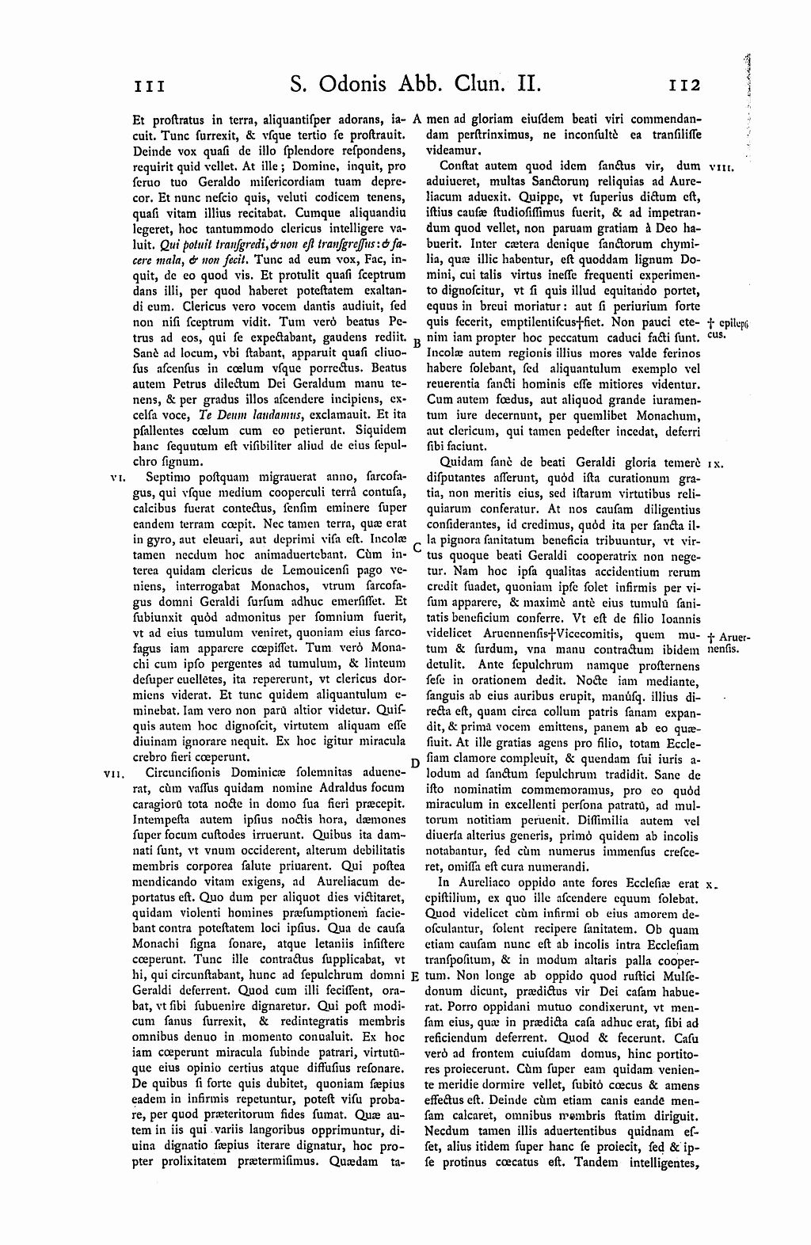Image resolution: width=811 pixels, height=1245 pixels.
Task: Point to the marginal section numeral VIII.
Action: click(x=723, y=168)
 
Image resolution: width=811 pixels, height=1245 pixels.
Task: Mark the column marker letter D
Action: click(x=415, y=763)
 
